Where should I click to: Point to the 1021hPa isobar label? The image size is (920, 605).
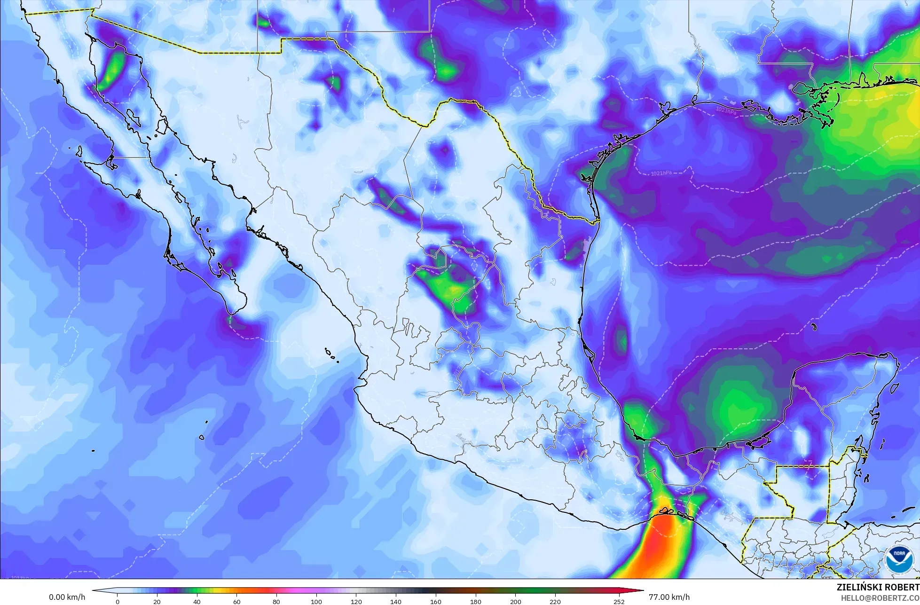(661, 173)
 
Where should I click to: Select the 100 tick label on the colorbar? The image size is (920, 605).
(316, 602)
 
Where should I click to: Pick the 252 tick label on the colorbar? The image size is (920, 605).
(619, 602)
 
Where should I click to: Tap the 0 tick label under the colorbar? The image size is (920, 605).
(118, 602)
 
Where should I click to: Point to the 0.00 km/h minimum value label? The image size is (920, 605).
(67, 597)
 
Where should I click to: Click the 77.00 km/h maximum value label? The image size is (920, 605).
(669, 597)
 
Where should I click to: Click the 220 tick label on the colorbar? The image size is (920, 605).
(555, 602)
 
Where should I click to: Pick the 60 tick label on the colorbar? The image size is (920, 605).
(237, 602)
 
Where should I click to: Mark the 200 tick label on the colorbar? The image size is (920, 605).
(516, 602)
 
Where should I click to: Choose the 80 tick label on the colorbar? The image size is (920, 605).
(276, 602)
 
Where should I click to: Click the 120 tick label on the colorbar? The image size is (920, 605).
(356, 602)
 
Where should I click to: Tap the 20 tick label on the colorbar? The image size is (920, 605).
(157, 602)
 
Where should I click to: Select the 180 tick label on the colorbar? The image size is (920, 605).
(476, 602)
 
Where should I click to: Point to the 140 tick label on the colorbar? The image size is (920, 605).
(396, 602)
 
